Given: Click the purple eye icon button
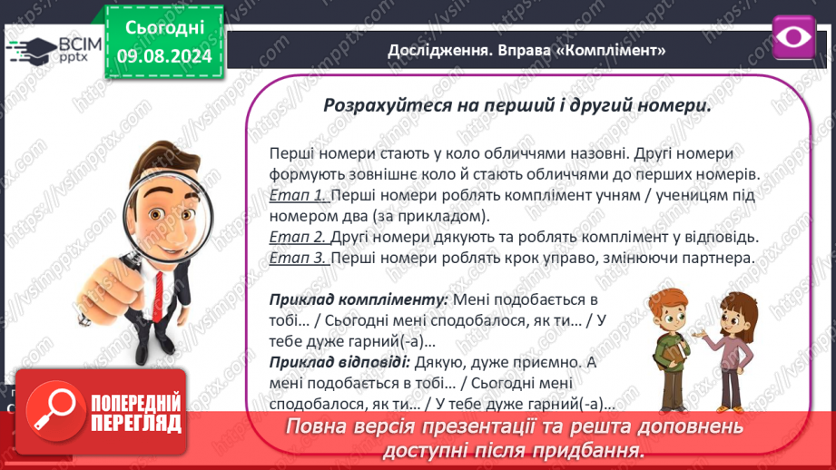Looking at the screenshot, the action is [793, 37].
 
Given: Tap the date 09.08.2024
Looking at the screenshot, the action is [164, 56].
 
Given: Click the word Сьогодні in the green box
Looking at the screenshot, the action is [164, 28].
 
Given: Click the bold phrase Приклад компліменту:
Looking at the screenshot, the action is [359, 300].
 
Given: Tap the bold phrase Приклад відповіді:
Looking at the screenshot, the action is [339, 362].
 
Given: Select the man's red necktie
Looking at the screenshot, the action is [158, 296].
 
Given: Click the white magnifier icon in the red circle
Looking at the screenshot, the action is [54, 409].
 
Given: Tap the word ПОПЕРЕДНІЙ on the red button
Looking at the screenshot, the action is [136, 402].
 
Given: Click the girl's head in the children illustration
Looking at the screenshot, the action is [738, 314].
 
